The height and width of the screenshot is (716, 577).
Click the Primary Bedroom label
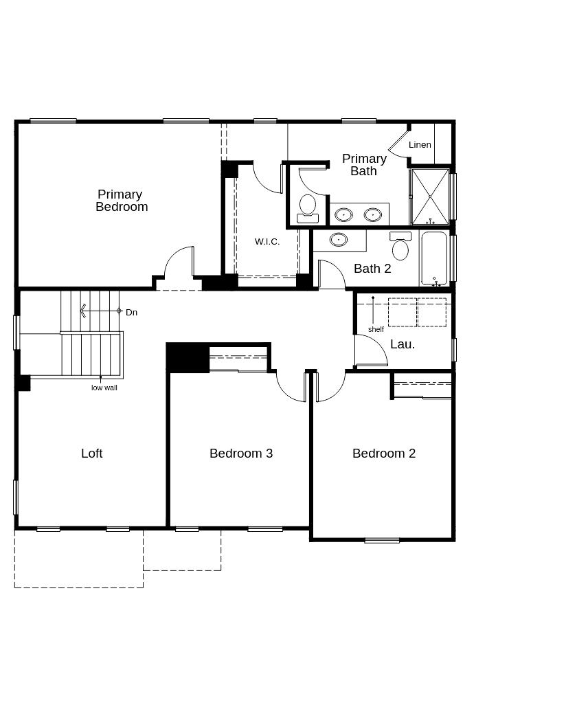point(122,201)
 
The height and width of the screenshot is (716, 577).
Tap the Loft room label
point(92,454)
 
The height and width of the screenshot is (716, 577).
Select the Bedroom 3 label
point(241,454)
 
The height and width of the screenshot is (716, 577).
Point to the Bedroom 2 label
point(384,454)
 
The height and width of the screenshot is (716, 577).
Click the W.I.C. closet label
point(267,242)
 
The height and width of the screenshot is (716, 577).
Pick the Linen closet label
point(420,145)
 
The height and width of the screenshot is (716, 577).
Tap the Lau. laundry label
point(403,344)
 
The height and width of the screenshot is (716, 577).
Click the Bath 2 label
point(372,269)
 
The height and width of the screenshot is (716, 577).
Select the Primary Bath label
point(364,165)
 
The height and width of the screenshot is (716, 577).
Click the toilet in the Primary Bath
point(308,209)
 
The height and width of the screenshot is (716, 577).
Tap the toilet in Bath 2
point(400,246)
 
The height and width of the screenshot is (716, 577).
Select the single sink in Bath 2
point(338,239)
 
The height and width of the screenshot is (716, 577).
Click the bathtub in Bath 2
point(433,258)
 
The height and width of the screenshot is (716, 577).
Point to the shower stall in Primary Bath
point(430,197)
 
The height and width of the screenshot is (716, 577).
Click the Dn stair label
point(131,313)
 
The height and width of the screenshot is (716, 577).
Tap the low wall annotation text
point(104,388)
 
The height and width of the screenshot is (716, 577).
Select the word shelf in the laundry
point(376,329)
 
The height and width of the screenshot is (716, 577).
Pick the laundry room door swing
point(371,350)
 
